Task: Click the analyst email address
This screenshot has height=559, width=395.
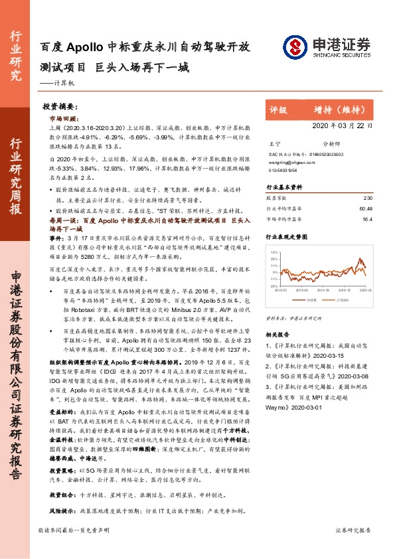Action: pos(287,161)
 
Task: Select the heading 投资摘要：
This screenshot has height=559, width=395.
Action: pos(61,106)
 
